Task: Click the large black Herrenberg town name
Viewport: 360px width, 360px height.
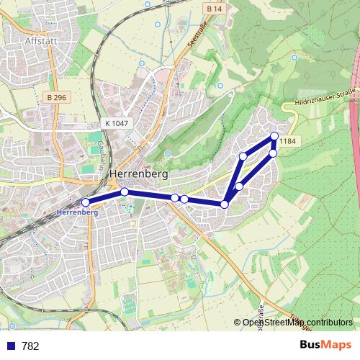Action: tap(139, 174)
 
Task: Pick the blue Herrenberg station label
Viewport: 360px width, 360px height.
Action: tap(76, 213)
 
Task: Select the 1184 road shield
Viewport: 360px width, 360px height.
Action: tap(287, 141)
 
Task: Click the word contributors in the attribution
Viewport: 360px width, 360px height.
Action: tap(328, 323)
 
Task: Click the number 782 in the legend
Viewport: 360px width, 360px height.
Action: tap(30, 346)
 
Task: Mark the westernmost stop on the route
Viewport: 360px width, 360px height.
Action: tap(86, 202)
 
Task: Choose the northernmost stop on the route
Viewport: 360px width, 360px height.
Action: tap(274, 136)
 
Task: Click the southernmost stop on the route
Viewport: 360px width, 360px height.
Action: tap(225, 204)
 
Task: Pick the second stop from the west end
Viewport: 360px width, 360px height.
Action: tap(125, 192)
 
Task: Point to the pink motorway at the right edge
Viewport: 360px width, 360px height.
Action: tap(356, 108)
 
